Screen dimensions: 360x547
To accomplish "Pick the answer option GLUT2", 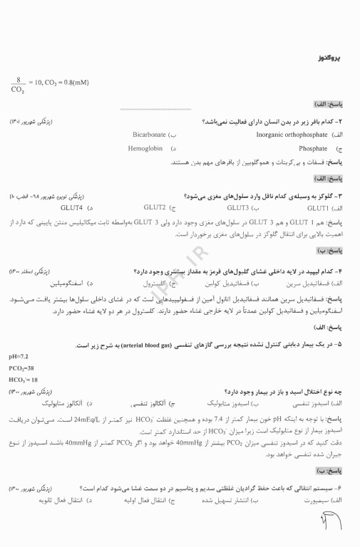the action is pyautogui.click(x=154, y=208).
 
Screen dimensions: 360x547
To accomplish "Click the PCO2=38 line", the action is pyautogui.click(x=22, y=368).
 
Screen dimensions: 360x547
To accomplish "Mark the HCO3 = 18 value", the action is pyautogui.click(x=24, y=380).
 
